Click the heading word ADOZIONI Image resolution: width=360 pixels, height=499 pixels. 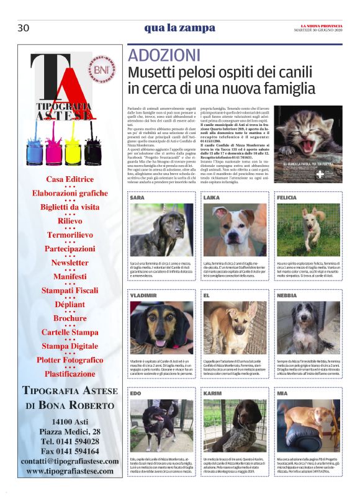click(164, 55)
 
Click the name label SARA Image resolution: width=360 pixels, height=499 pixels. click(138, 197)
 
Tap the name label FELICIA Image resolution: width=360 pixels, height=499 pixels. click(287, 197)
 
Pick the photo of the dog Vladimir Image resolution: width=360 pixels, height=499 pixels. click(162, 328)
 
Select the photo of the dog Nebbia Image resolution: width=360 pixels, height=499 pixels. click(308, 328)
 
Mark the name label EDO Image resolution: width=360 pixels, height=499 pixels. click(136, 393)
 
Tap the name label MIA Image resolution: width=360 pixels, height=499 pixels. click(282, 393)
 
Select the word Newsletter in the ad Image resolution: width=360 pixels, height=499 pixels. click(70, 262)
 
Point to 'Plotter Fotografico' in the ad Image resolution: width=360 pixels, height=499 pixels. click(70, 359)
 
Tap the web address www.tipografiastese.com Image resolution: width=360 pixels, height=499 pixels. click(70, 472)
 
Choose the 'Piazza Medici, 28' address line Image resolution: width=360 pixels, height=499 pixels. click(70, 431)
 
